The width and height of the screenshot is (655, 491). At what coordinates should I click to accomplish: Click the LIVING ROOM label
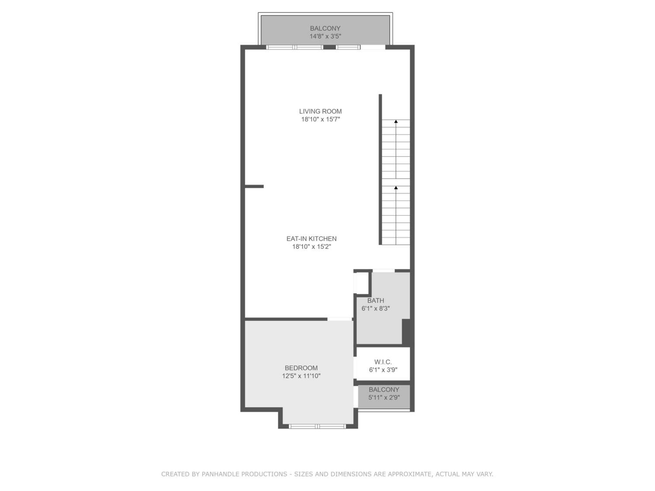320,111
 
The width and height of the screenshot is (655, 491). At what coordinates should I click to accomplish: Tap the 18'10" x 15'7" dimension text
320,119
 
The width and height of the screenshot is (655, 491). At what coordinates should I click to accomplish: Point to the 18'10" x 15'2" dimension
312,247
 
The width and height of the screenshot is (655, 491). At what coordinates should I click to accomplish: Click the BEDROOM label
301,368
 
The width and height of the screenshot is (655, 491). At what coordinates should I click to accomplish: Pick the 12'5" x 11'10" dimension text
301,376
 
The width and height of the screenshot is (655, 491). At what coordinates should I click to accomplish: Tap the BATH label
376,300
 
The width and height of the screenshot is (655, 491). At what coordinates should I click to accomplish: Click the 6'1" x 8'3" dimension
376,308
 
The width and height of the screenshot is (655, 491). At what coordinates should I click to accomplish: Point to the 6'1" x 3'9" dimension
383,370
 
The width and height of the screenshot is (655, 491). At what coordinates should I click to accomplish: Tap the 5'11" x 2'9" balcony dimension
384,397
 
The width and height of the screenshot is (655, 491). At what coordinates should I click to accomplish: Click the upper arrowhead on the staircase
396,121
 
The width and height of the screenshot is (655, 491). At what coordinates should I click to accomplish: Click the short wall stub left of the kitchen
254,186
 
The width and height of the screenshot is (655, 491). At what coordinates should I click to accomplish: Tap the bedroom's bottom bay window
317,426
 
